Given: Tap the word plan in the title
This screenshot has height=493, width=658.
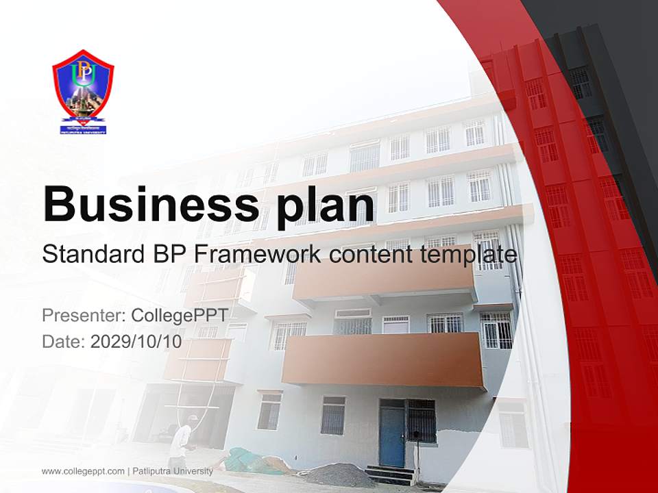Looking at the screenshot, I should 321,205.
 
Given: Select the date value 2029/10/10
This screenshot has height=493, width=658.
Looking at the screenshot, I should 136,342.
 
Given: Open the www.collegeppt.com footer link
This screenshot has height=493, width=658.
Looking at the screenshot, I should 83,471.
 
